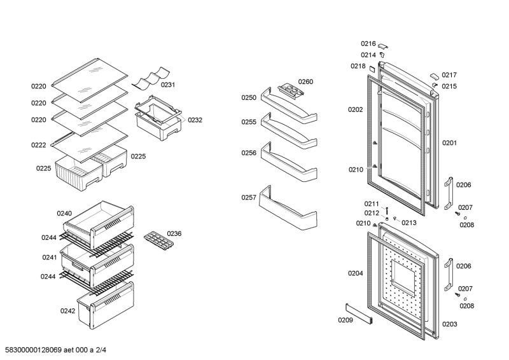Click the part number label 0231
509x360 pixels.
[168, 85]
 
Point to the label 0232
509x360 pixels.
[195, 120]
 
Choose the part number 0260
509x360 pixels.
[306, 81]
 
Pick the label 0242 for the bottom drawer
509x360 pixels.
[68, 310]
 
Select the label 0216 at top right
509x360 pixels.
[368, 43]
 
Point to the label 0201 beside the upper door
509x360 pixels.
[450, 143]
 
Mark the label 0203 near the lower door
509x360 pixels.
[450, 324]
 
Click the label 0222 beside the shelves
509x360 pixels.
[39, 145]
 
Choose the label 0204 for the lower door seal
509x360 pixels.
[355, 273]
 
